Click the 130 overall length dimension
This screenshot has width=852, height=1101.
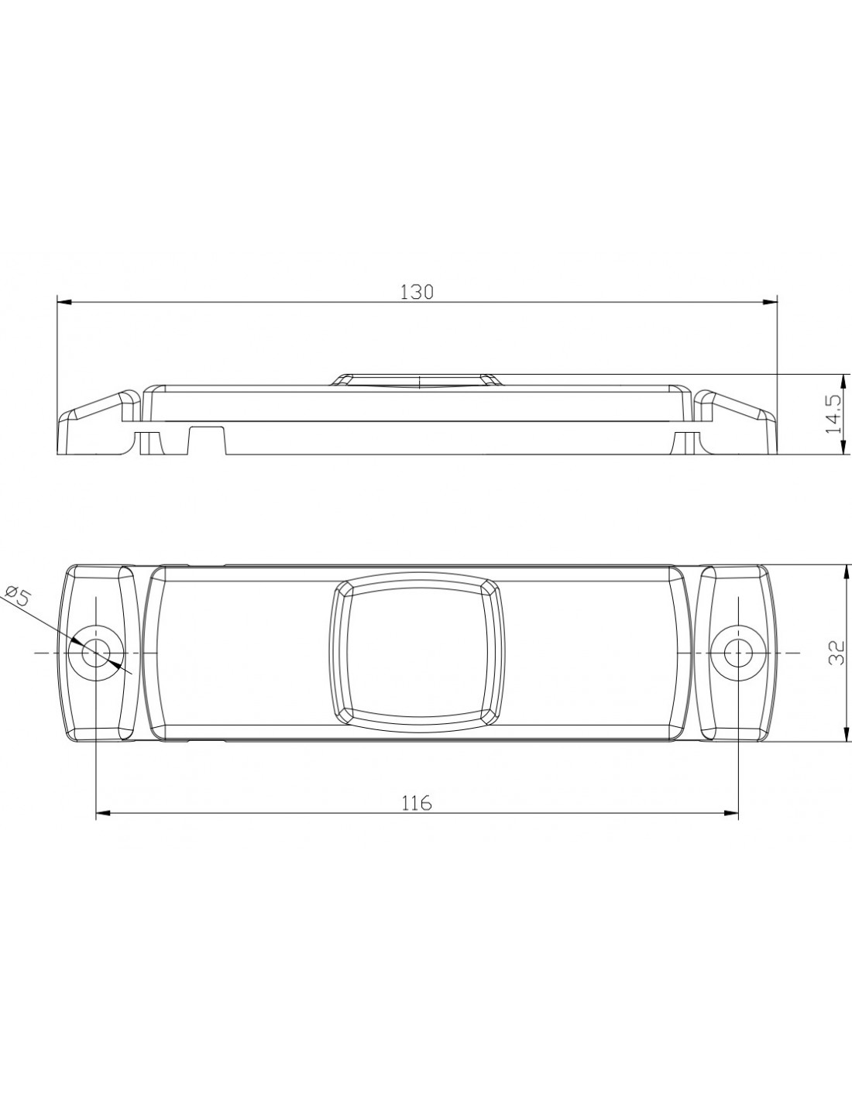pyautogui.click(x=417, y=292)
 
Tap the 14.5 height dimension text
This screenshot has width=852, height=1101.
pyautogui.click(x=833, y=414)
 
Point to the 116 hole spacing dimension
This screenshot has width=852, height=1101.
pyautogui.click(x=417, y=803)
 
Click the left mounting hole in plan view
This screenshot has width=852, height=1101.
pyautogui.click(x=96, y=653)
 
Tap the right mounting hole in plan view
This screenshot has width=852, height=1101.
pyautogui.click(x=737, y=653)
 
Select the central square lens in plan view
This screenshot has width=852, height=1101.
pyautogui.click(x=417, y=653)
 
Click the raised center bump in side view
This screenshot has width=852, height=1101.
pyautogui.click(x=417, y=380)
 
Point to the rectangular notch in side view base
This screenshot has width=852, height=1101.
pyautogui.click(x=208, y=441)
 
